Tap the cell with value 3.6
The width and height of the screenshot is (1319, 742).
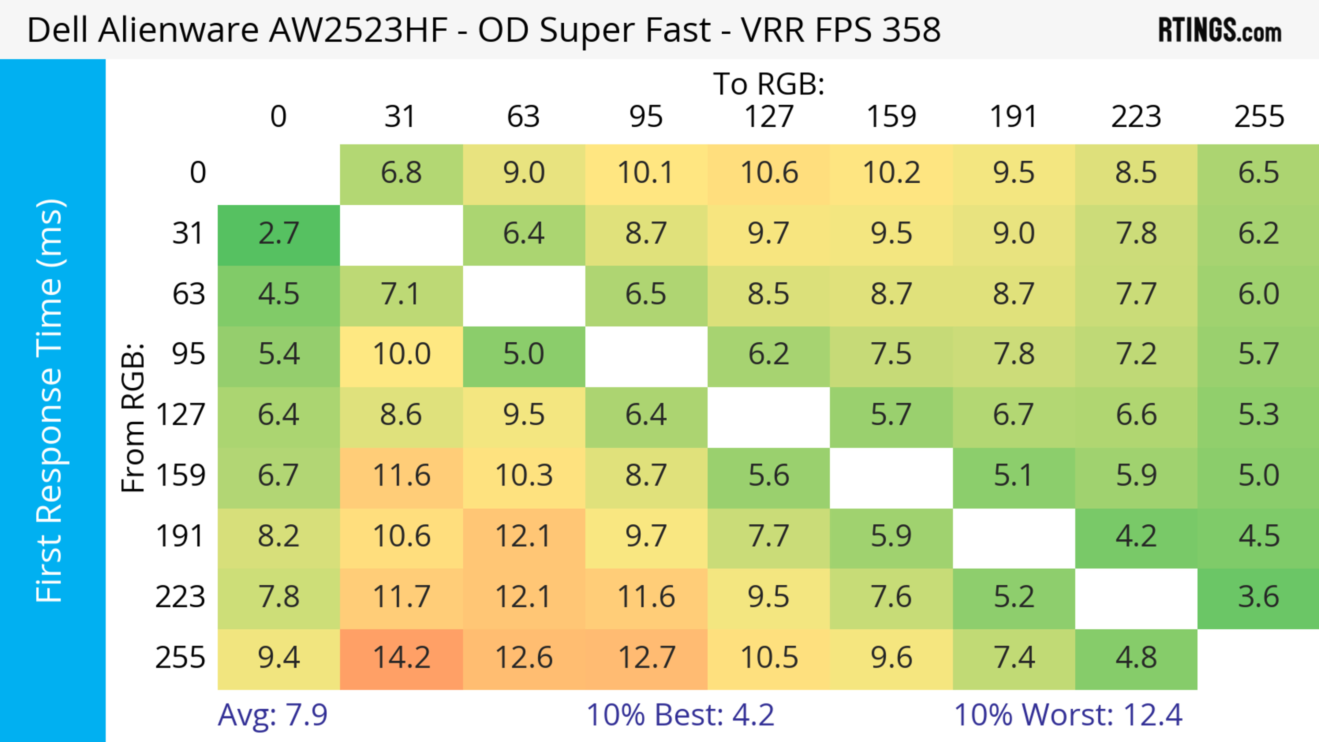[1258, 597]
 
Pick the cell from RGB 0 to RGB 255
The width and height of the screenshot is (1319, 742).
[1258, 173]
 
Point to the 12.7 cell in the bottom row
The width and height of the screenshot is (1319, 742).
[646, 658]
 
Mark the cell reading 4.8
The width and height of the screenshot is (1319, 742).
[1136, 658]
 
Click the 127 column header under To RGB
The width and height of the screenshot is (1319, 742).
[769, 117]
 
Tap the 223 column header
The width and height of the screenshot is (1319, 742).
[1136, 117]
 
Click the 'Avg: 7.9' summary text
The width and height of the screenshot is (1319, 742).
[272, 715]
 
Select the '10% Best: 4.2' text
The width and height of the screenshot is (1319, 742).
[680, 715]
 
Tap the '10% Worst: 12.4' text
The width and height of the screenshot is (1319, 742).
[1068, 715]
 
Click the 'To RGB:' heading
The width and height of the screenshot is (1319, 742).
[769, 84]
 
